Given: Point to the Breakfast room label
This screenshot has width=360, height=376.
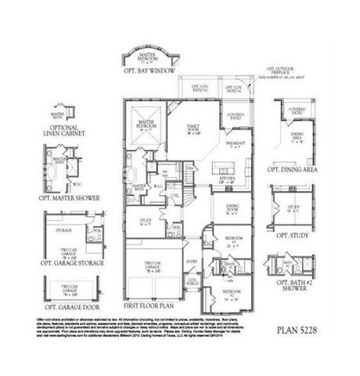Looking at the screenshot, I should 236,144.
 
